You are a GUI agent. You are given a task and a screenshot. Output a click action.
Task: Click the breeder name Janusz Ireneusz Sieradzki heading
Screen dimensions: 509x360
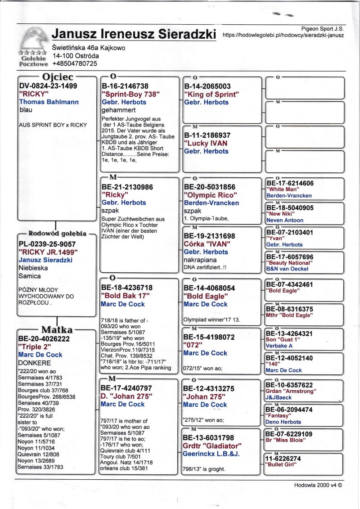[x=134, y=34]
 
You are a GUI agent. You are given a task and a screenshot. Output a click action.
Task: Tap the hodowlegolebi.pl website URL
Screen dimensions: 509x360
[x=283, y=35]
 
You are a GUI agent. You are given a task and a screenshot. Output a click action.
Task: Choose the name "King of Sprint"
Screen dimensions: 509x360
[x=211, y=94]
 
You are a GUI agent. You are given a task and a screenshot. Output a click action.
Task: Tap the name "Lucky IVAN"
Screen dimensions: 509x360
[x=206, y=143]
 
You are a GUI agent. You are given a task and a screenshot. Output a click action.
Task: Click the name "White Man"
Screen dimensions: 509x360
[x=282, y=189]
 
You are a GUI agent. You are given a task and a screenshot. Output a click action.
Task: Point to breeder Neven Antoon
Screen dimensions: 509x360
[x=285, y=220]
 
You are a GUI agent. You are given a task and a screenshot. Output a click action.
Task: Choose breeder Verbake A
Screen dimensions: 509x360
[x=279, y=346]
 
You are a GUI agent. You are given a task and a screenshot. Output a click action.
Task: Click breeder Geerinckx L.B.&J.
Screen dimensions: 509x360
[x=211, y=454]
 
